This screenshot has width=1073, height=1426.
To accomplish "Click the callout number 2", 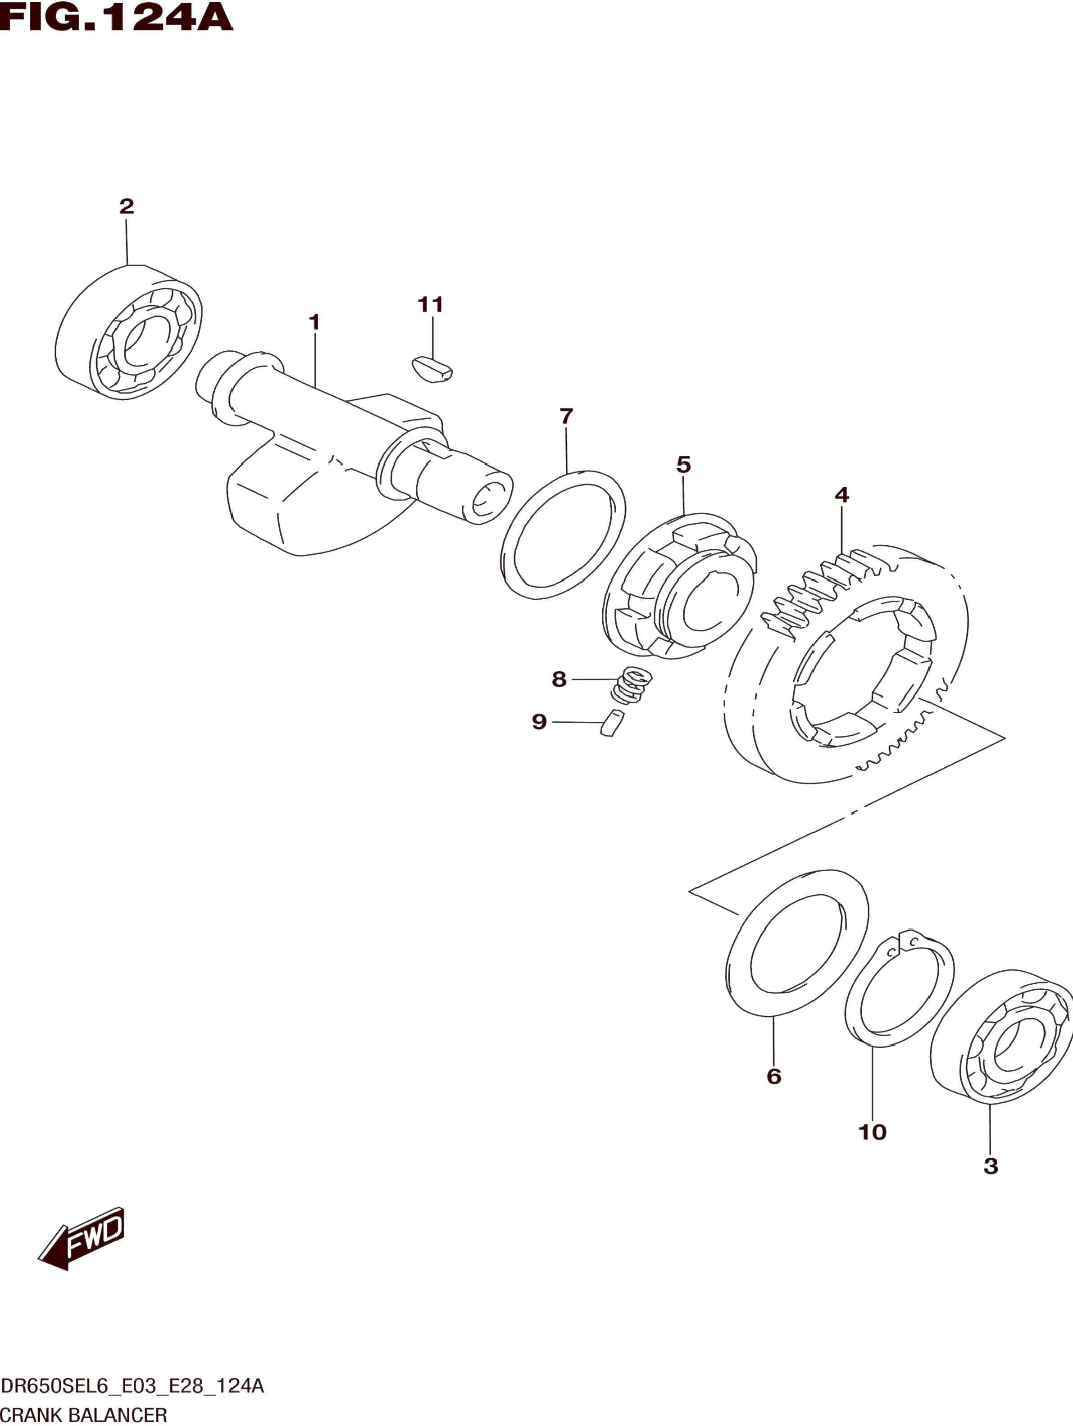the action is [x=127, y=206].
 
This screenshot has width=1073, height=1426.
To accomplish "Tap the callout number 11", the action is [x=431, y=304].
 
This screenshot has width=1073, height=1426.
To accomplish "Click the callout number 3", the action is [x=991, y=1166].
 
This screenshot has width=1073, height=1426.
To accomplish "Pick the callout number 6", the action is [x=774, y=1076].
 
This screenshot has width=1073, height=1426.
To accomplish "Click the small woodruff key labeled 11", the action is [x=432, y=369].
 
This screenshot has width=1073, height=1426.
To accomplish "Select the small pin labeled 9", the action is [x=612, y=722].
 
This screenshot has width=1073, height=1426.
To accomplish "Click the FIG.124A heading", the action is [x=116, y=18].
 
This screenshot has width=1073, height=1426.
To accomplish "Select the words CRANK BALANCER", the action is [x=84, y=1415].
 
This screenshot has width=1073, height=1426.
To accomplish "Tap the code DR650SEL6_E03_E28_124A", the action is [x=132, y=1386].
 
